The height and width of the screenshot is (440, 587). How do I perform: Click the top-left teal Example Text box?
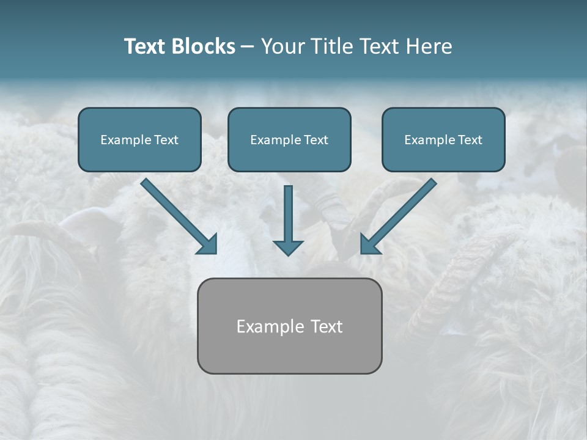139,139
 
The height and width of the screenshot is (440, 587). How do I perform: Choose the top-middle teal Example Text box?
289,139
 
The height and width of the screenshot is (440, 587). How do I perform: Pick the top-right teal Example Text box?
443,139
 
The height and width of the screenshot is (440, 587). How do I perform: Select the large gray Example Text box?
289,326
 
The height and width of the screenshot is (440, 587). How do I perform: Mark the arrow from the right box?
401,214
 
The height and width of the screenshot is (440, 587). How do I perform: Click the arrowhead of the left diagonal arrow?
209,244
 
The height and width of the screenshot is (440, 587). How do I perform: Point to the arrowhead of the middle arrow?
288,247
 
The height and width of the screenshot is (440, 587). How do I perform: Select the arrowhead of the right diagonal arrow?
370,244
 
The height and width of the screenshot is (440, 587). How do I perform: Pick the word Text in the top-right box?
470,140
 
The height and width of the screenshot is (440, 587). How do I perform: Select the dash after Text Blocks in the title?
248,46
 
